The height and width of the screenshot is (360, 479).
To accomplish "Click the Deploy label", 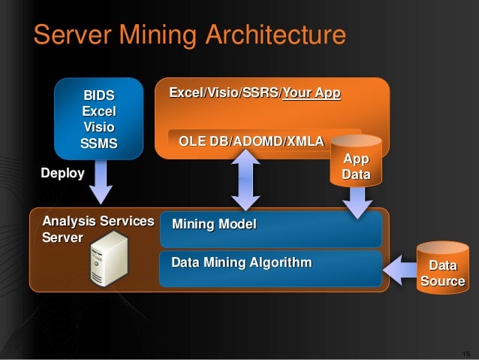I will [x=62, y=174].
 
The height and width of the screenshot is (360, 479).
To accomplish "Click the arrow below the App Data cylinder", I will [x=357, y=201].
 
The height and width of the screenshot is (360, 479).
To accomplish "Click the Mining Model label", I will [x=214, y=224].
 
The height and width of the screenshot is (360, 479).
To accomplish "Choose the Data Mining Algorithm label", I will [x=241, y=263].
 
